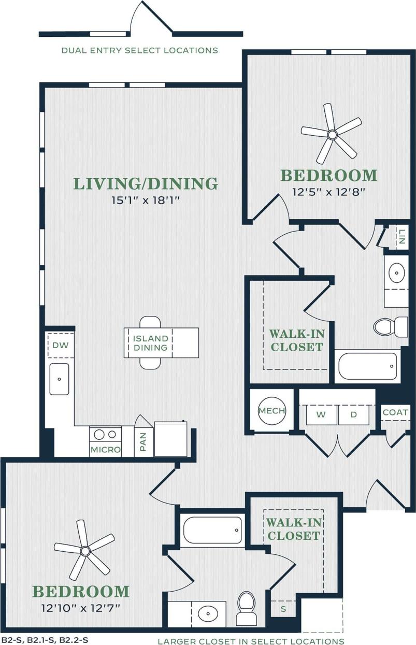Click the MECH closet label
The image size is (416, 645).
272,411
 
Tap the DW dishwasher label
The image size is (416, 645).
60,345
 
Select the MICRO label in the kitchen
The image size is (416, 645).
105,450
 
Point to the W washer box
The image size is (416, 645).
321,415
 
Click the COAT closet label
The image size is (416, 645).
395,412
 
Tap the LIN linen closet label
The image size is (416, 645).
401,238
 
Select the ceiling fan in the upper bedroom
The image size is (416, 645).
332,134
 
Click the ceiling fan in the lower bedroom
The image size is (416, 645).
85,550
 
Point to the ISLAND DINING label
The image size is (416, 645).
151,343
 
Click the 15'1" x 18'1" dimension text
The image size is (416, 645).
145,200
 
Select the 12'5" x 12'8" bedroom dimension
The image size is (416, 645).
328,192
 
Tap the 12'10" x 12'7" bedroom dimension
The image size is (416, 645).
80,607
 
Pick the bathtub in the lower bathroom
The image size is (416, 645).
212,530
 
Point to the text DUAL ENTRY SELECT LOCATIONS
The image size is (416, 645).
140,50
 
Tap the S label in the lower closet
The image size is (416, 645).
283,609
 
